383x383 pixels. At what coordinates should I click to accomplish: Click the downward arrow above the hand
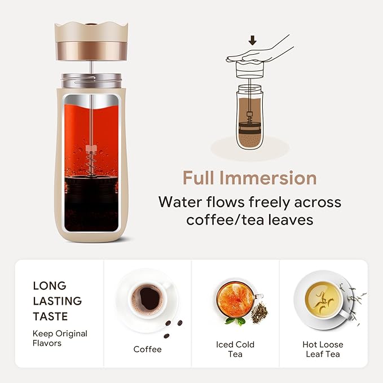coord(253,40)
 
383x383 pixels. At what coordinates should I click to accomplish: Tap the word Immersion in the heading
coord(268,178)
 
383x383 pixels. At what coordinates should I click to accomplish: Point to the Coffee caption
coord(147,349)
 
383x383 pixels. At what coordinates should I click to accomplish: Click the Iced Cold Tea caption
coord(235,349)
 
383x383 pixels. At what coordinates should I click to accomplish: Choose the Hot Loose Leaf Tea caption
coord(323,349)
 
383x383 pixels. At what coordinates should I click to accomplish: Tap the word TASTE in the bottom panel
coord(50,316)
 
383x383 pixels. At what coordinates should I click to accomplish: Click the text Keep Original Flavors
coord(60,338)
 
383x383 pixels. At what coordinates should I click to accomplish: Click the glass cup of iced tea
coord(236,299)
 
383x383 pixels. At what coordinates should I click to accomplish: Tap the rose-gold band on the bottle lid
coord(91,51)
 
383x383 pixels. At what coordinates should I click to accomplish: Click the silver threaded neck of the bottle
coord(91,80)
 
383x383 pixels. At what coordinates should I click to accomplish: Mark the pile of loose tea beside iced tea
coord(259,313)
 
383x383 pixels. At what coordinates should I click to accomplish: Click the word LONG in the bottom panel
coord(50,286)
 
